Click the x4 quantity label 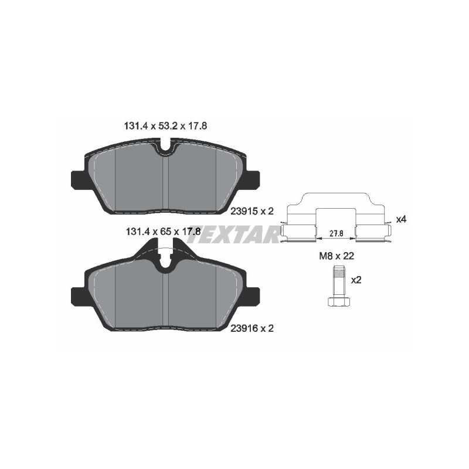pos(402,219)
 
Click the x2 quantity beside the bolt pos(356,280)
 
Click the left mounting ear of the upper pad pos(79,179)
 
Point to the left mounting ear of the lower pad pos(79,296)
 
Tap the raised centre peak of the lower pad pos(165,246)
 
